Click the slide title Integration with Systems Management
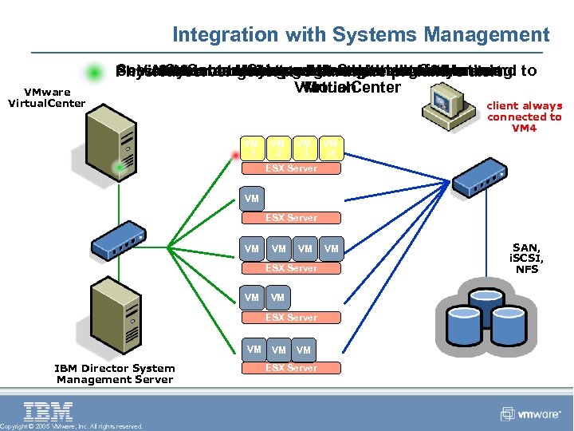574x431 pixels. pyautogui.click(x=360, y=35)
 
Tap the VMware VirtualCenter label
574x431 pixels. pyautogui.click(x=46, y=97)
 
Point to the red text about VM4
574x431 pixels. pyautogui.click(x=524, y=117)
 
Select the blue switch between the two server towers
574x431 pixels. pyautogui.click(x=117, y=235)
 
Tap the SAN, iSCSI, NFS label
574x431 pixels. pyautogui.click(x=527, y=259)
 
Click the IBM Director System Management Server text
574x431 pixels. pyautogui.click(x=114, y=374)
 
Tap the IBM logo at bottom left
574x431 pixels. pyautogui.click(x=49, y=412)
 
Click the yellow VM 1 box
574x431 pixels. pyautogui.click(x=253, y=148)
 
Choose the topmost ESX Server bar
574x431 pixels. pyautogui.click(x=291, y=168)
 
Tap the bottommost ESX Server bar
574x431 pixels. pyautogui.click(x=291, y=368)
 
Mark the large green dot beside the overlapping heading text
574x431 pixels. pyautogui.click(x=95, y=73)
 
